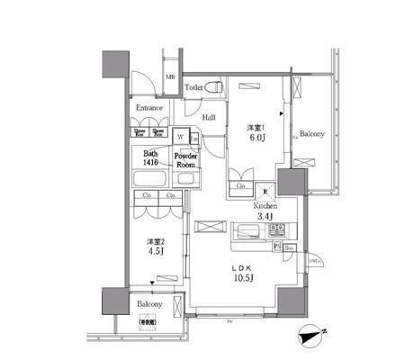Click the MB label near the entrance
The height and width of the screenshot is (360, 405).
coord(170,78)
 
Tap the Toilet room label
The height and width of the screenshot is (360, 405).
coord(193,87)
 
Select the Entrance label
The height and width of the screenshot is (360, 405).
coord(149,108)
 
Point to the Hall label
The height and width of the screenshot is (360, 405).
coord(208,117)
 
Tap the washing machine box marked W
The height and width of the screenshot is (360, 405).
coord(181,136)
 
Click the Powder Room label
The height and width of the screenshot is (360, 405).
coord(186,159)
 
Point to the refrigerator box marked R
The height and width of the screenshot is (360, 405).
coord(265,190)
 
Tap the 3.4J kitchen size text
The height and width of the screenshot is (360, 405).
coord(264,217)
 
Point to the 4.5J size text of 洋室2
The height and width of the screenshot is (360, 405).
coord(154,253)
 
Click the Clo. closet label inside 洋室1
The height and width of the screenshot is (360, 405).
coord(240,186)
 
